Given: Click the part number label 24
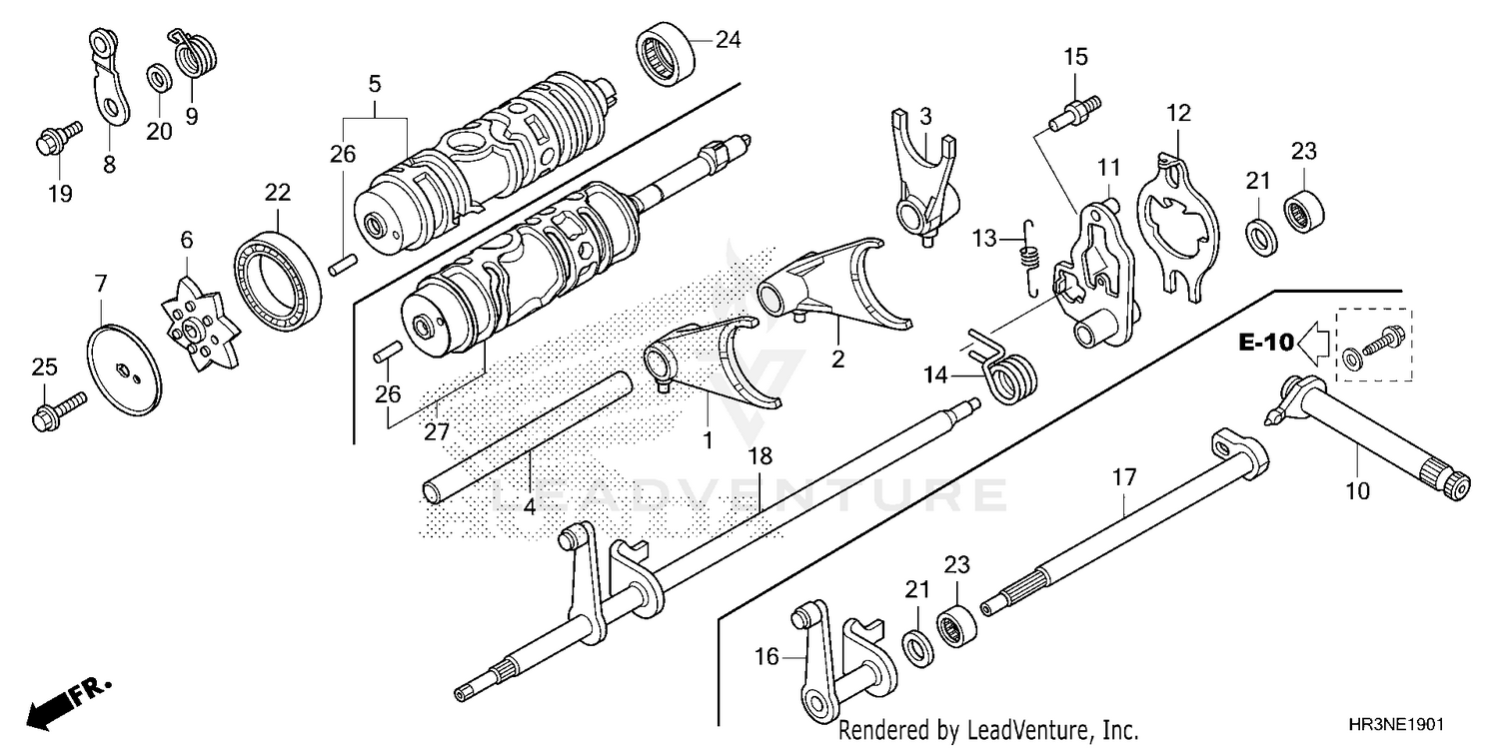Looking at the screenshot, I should click(728, 41).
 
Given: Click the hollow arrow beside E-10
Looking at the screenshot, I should click(1315, 344).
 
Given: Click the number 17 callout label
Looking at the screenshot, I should click(1123, 478).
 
